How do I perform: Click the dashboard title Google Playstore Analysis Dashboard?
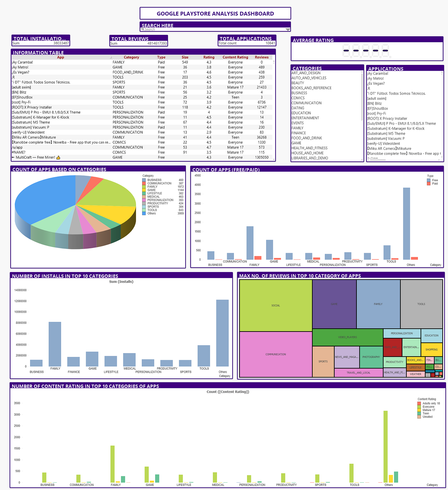pyautogui.click(x=215, y=14)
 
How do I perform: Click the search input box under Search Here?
pyautogui.click(x=213, y=29)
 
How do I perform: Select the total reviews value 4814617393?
pyautogui.click(x=157, y=43)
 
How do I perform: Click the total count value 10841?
pyautogui.click(x=270, y=43)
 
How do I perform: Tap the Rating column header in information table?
pyautogui.click(x=209, y=57)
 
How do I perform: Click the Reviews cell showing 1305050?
pyautogui.click(x=261, y=157)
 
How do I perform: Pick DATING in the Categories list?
pyautogui.click(x=298, y=108)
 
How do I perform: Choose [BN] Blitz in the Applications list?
pyautogui.click(x=374, y=104)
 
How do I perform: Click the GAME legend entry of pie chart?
pyautogui.click(x=151, y=190)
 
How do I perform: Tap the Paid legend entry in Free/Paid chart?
pyautogui.click(x=435, y=184)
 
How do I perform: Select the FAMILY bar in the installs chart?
pyautogui.click(x=55, y=344)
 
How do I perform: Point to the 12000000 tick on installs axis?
pyautogui.click(x=20, y=301)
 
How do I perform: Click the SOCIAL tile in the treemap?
pyautogui.click(x=276, y=306)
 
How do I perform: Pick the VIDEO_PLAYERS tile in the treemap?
pyautogui.click(x=347, y=337)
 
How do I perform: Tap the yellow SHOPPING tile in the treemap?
pyautogui.click(x=431, y=349)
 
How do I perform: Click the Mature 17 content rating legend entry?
pyautogui.click(x=428, y=410)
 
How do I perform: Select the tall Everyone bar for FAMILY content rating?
pyautogui.click(x=112, y=464)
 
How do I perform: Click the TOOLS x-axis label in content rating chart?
pyautogui.click(x=354, y=485)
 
